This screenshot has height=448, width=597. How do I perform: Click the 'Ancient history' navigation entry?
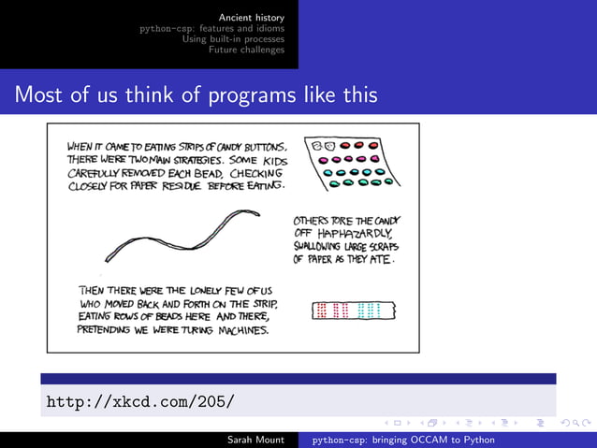252,17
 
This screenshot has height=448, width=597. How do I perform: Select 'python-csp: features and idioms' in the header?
212,28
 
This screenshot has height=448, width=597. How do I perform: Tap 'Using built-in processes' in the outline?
233,38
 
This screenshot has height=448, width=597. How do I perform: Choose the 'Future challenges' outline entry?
247,50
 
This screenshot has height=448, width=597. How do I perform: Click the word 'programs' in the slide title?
244,95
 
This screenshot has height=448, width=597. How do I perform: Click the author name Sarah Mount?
256,439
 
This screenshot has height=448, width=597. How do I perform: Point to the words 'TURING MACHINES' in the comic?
230,330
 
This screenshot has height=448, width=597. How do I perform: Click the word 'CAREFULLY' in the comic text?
95,173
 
